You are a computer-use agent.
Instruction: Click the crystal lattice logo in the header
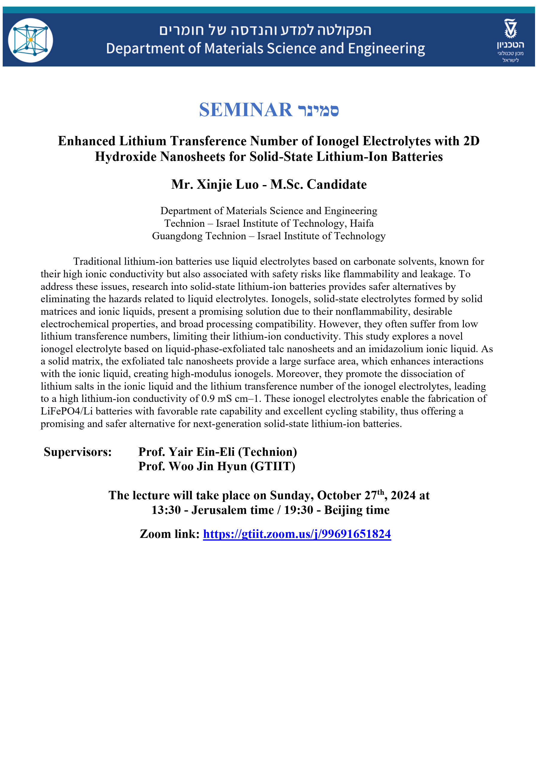[30, 40]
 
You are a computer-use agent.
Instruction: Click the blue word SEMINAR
[245, 110]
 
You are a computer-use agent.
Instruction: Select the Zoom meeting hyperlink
[297, 534]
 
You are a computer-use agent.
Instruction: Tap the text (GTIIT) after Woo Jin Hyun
[272, 467]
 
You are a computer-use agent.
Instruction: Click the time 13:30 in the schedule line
[166, 510]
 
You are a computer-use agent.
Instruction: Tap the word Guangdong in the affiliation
[199, 236]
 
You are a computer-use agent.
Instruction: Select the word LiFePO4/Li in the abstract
[66, 411]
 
